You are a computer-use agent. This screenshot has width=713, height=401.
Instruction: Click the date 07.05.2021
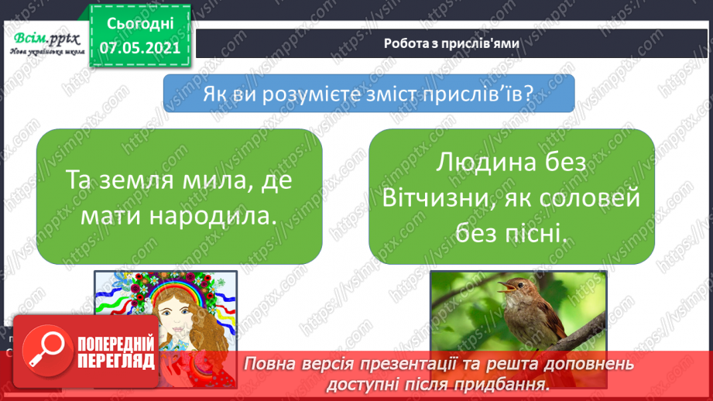coord(139,47)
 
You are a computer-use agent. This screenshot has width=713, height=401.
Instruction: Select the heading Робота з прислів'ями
coord(451,44)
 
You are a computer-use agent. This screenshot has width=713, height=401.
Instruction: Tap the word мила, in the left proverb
coord(231,180)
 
